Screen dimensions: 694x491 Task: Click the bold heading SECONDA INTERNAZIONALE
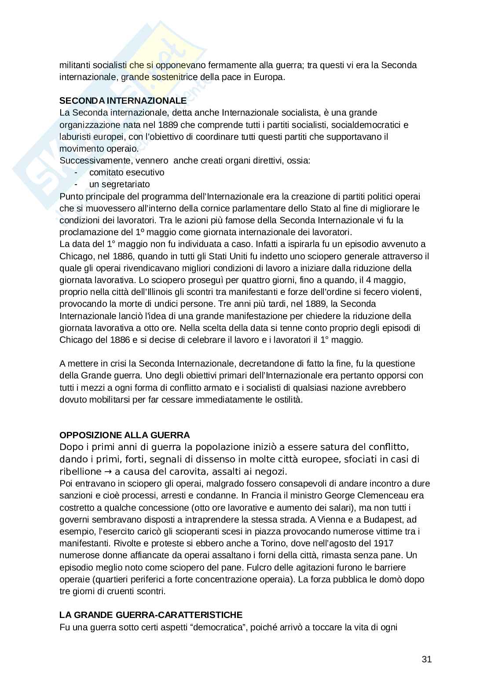pos(123,101)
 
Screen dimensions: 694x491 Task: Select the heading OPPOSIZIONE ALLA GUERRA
pos(125,435)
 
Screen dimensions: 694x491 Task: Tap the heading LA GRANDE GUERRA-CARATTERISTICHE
pos(151,614)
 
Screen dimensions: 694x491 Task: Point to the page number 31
pos(426,659)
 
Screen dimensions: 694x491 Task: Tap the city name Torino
pos(266,543)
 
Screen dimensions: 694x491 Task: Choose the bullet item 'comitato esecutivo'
pos(127,172)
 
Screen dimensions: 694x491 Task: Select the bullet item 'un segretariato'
pos(119,184)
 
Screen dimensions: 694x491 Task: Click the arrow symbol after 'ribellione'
pos(108,472)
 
